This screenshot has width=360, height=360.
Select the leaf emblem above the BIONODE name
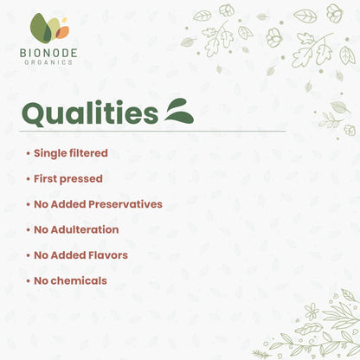click(x=50, y=28)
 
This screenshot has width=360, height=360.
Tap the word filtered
click(x=90, y=153)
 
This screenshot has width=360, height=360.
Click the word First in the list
click(x=47, y=179)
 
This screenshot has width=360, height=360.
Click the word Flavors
click(x=107, y=255)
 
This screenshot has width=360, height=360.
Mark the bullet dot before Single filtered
click(x=27, y=154)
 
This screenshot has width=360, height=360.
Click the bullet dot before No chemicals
click(x=27, y=282)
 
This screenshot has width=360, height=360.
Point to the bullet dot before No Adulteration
click(x=27, y=231)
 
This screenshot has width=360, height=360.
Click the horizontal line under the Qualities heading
click(x=151, y=132)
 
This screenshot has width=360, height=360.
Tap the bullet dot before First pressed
click(x=27, y=180)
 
